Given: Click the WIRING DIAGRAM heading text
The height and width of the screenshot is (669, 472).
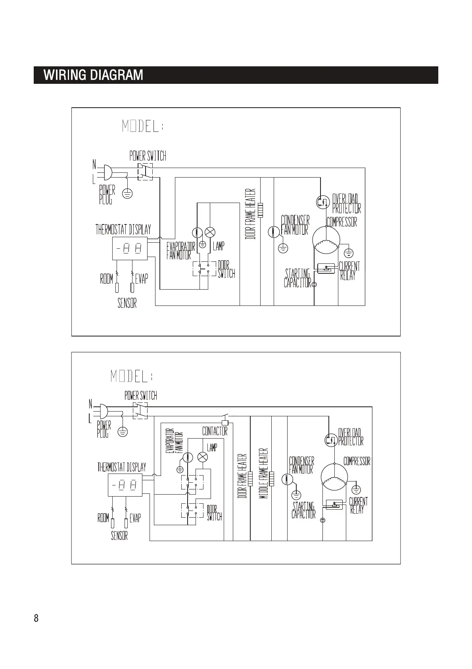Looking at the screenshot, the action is pos(93,75).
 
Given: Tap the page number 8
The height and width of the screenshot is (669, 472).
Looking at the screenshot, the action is pos(36,618).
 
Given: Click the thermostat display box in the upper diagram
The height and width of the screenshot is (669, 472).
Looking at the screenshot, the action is pos(130,249).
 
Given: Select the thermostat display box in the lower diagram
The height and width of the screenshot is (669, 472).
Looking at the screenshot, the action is pos(125,485).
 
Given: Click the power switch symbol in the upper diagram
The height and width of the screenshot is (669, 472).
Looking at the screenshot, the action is pos(145,171).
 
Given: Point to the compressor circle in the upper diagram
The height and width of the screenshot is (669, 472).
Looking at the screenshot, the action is pos(326,240).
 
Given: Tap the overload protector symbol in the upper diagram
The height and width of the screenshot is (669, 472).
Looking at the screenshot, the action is pos(322,202).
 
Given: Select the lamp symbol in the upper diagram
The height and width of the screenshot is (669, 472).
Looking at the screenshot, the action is pos(210,232).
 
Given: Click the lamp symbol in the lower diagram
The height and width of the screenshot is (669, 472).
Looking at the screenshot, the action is pos(203,457).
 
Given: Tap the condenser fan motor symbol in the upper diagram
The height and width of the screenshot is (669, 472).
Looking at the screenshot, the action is pos(274,232).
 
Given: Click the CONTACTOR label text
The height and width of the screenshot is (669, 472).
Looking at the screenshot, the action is pos(215,431).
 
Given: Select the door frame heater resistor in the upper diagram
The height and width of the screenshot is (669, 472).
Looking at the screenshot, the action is pos(261,210).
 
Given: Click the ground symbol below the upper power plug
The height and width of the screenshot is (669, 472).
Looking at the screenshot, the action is pos(127,193).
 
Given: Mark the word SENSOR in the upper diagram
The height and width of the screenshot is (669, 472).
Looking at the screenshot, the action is pos(127,303).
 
